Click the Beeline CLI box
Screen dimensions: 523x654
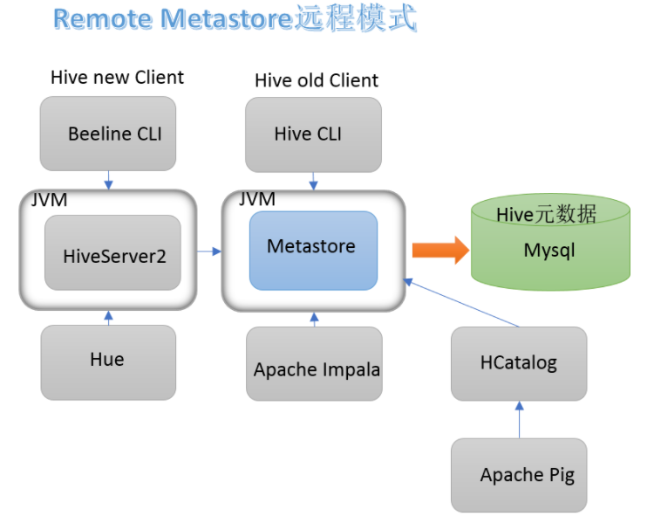pos(108,134)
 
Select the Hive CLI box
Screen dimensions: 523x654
pos(313,134)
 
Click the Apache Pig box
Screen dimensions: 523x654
pos(518,475)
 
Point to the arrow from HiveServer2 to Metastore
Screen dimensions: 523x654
pos(208,252)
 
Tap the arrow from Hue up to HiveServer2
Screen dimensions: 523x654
pos(108,318)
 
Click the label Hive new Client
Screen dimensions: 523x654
pos(117,77)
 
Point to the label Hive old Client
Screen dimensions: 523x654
pos(317,80)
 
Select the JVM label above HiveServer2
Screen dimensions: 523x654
pos(49,200)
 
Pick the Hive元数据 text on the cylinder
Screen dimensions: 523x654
pos(546,214)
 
